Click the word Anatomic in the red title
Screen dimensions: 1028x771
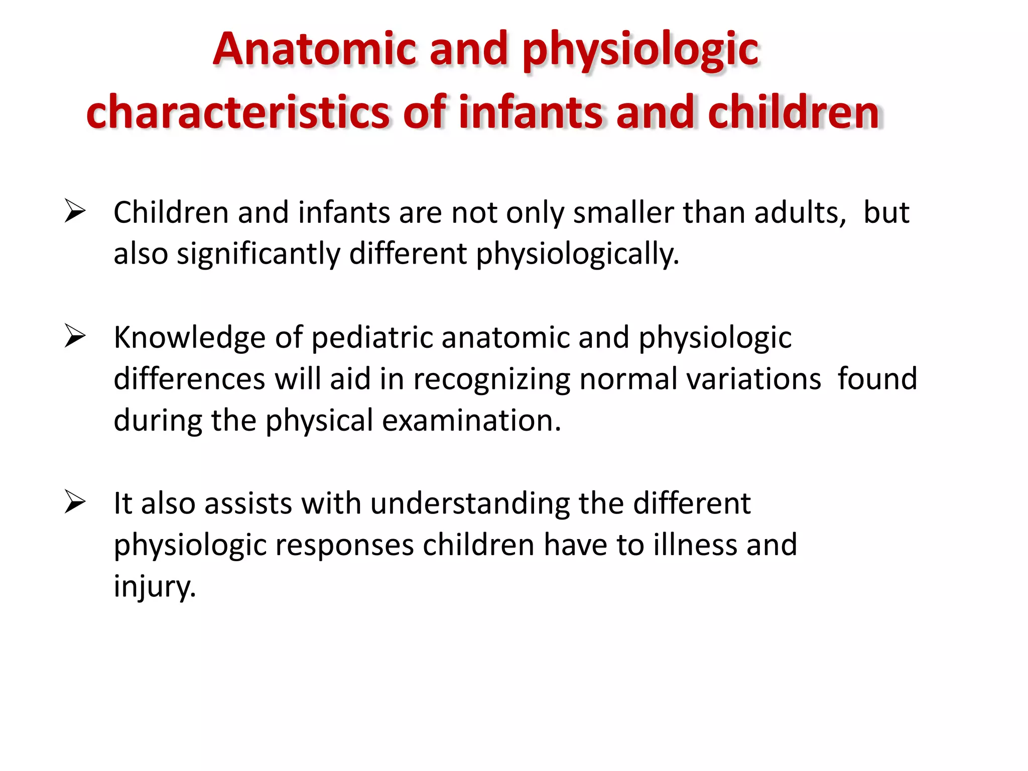pyautogui.click(x=315, y=49)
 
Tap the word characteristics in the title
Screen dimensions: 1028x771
pyautogui.click(x=238, y=112)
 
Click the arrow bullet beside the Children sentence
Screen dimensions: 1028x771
pyautogui.click(x=75, y=211)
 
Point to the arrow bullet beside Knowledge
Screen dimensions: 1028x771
pyautogui.click(x=75, y=336)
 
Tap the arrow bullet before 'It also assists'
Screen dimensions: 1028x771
pyautogui.click(x=75, y=502)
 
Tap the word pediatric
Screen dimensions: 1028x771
pyautogui.click(x=372, y=337)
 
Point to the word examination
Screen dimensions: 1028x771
pyautogui.click(x=471, y=421)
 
